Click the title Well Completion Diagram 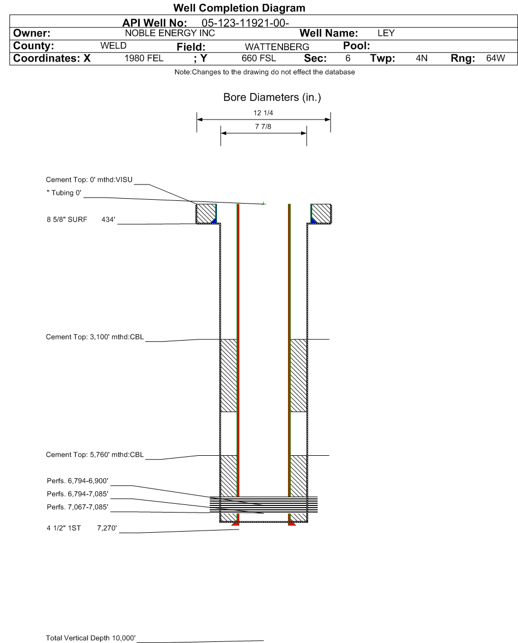click(x=239, y=8)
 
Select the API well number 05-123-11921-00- click(x=245, y=23)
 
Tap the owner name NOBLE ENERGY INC click(x=170, y=33)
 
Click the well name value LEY click(x=386, y=33)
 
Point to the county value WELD click(x=113, y=45)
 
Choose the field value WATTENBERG click(x=277, y=47)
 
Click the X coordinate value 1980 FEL click(x=144, y=58)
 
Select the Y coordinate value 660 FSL click(x=259, y=58)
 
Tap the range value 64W click(x=496, y=58)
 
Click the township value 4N click(x=421, y=58)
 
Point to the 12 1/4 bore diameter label click(x=263, y=113)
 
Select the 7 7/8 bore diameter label click(x=263, y=127)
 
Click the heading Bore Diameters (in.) click(x=272, y=98)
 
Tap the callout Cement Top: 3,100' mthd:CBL click(x=95, y=337)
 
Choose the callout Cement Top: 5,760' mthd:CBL click(x=95, y=455)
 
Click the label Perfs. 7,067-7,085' click(x=78, y=507)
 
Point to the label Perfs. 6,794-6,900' click(x=78, y=481)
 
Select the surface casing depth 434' click(x=108, y=220)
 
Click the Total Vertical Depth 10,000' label click(x=91, y=638)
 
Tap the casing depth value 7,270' click(x=107, y=528)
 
